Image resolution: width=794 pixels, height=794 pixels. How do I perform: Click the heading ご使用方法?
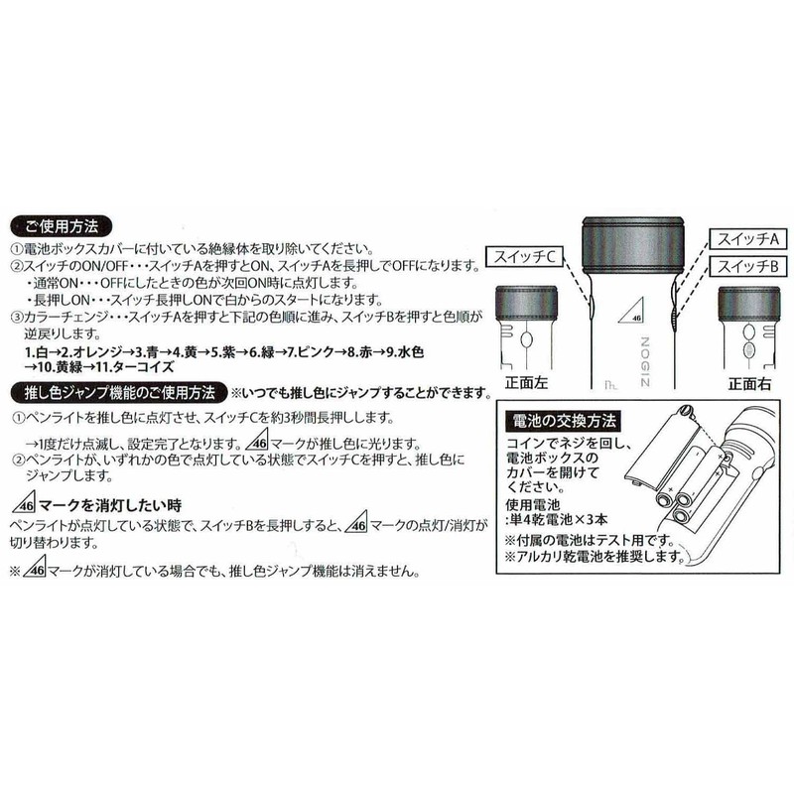(64, 226)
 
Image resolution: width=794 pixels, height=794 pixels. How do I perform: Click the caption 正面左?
(527, 381)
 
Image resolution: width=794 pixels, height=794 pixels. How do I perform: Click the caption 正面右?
(750, 381)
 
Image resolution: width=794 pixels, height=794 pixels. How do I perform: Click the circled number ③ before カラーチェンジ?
(17, 317)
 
